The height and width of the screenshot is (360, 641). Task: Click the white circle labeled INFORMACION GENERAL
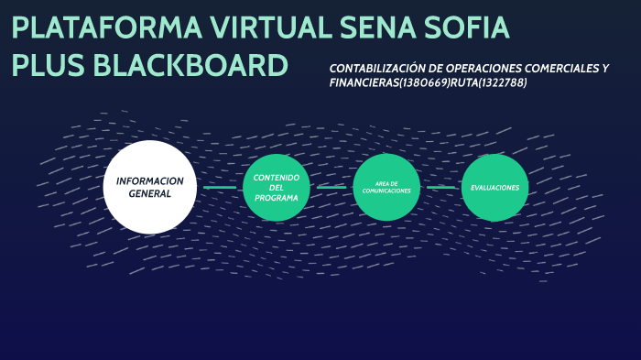(150, 187)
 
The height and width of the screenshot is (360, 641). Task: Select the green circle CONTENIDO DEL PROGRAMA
(277, 187)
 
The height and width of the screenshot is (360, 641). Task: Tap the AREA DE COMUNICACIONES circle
(386, 187)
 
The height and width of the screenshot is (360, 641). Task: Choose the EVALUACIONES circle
(495, 187)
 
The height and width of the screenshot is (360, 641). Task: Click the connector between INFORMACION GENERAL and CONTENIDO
(220, 187)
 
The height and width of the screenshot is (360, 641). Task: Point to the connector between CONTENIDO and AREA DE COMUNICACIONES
(331, 187)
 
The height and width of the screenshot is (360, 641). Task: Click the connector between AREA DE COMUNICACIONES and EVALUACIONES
(441, 187)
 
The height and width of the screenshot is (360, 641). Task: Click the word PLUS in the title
(51, 66)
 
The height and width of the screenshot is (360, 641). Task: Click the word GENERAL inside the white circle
(150, 194)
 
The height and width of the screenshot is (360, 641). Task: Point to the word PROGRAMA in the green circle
(277, 198)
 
